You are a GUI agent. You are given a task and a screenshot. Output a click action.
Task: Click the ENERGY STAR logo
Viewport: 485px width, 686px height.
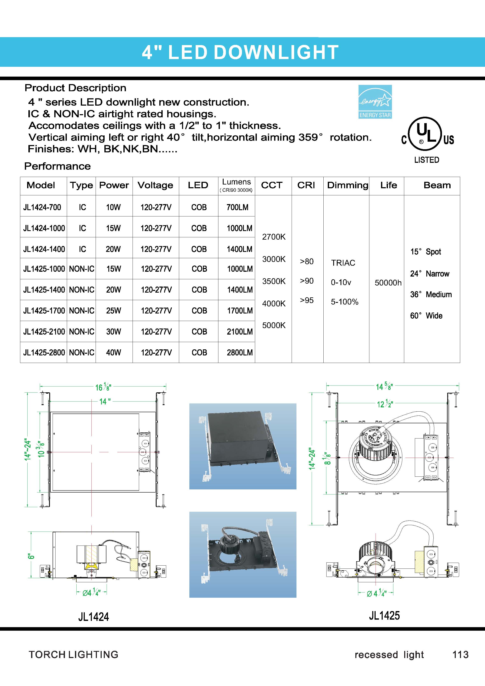(x=375, y=102)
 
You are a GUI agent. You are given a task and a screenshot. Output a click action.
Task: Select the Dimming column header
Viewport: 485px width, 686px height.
(x=348, y=185)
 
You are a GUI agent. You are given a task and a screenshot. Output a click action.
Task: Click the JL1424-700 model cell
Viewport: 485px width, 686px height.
(x=42, y=207)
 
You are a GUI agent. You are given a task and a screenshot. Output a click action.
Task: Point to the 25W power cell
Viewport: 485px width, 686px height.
(x=114, y=311)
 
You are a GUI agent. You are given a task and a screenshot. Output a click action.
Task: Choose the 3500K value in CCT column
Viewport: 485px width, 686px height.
(x=274, y=281)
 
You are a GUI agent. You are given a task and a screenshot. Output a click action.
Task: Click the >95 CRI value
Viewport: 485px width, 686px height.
(x=307, y=300)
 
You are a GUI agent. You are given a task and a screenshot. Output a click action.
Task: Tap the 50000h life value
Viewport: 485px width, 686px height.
(x=388, y=283)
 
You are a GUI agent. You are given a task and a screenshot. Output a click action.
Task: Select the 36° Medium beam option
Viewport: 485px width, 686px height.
(x=431, y=295)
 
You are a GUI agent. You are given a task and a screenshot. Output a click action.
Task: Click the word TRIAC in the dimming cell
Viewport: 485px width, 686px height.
(x=343, y=263)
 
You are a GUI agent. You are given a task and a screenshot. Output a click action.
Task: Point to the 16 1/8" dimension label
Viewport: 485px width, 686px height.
(x=103, y=388)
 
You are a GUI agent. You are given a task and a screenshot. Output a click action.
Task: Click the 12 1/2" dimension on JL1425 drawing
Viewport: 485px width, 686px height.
(x=385, y=404)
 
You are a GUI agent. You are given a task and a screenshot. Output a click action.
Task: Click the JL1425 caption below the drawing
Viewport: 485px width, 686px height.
(x=384, y=615)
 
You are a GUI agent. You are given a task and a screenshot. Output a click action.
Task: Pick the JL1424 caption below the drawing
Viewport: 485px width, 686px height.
(x=93, y=617)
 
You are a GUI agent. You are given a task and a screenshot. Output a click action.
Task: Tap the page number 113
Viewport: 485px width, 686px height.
(x=460, y=655)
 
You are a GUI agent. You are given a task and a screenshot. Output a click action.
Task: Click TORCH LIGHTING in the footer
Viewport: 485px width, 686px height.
(x=73, y=655)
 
